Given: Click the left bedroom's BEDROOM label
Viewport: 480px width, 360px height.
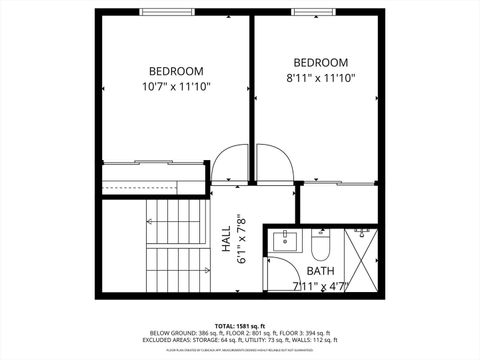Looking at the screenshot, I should pyautogui.click(x=176, y=71).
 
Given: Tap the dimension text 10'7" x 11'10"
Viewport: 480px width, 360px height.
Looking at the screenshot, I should pyautogui.click(x=176, y=87).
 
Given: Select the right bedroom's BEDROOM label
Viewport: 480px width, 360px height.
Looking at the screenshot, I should pyautogui.click(x=320, y=62).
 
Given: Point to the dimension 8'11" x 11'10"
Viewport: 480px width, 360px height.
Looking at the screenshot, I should pyautogui.click(x=320, y=77).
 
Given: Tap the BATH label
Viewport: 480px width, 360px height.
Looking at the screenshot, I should pyautogui.click(x=320, y=271).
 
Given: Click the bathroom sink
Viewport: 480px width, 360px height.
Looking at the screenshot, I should pyautogui.click(x=285, y=241).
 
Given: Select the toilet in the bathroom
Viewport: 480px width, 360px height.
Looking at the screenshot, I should pyautogui.click(x=321, y=244).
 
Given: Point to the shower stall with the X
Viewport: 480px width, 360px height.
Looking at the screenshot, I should pyautogui.click(x=360, y=246).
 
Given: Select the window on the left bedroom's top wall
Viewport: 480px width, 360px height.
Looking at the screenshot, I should pyautogui.click(x=168, y=11).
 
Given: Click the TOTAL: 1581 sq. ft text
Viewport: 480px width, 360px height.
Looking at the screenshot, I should pyautogui.click(x=237, y=325).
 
